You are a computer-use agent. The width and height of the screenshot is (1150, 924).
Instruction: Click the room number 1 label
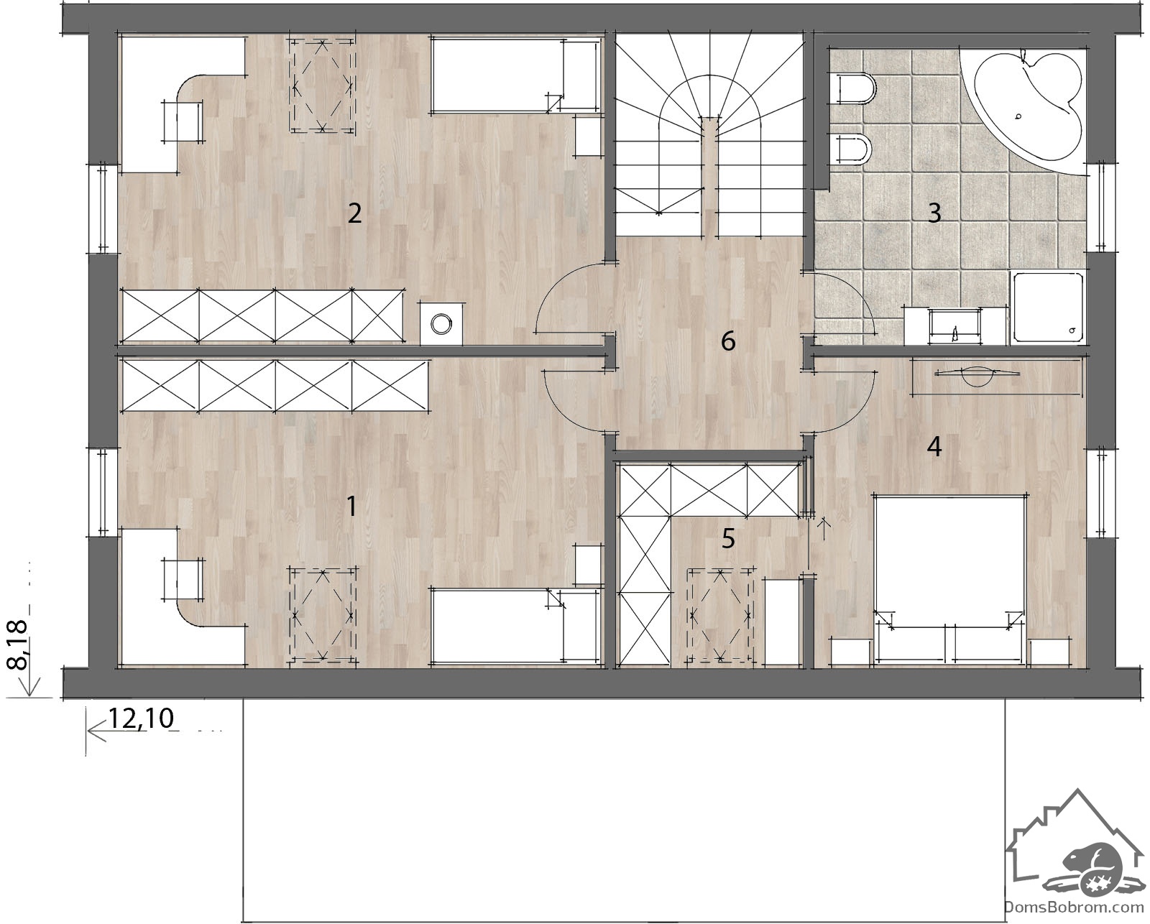[351, 506]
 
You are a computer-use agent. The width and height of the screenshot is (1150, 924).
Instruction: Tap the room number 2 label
[354, 213]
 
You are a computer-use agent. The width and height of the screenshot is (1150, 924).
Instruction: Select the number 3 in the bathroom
[934, 213]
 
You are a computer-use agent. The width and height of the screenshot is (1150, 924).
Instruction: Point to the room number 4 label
[934, 446]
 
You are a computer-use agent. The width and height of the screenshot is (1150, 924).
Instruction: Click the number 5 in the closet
[728, 538]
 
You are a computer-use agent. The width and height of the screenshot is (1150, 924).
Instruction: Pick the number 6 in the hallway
[728, 341]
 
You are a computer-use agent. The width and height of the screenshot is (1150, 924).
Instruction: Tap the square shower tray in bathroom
[1048, 308]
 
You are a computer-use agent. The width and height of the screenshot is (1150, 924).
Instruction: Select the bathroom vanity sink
[955, 326]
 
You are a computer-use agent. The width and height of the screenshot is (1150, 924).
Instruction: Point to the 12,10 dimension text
[142, 719]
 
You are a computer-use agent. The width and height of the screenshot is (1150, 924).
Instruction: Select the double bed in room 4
[949, 580]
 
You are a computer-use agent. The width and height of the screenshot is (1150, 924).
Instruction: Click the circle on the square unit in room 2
[441, 324]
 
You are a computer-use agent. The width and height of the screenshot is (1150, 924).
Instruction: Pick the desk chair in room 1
[183, 579]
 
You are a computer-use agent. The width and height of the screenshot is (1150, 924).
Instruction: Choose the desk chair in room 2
[183, 121]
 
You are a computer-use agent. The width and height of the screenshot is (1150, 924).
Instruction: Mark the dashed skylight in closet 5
[720, 616]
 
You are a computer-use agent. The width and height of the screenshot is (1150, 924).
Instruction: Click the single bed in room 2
[515, 75]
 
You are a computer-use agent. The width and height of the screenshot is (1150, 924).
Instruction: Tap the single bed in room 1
[515, 627]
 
